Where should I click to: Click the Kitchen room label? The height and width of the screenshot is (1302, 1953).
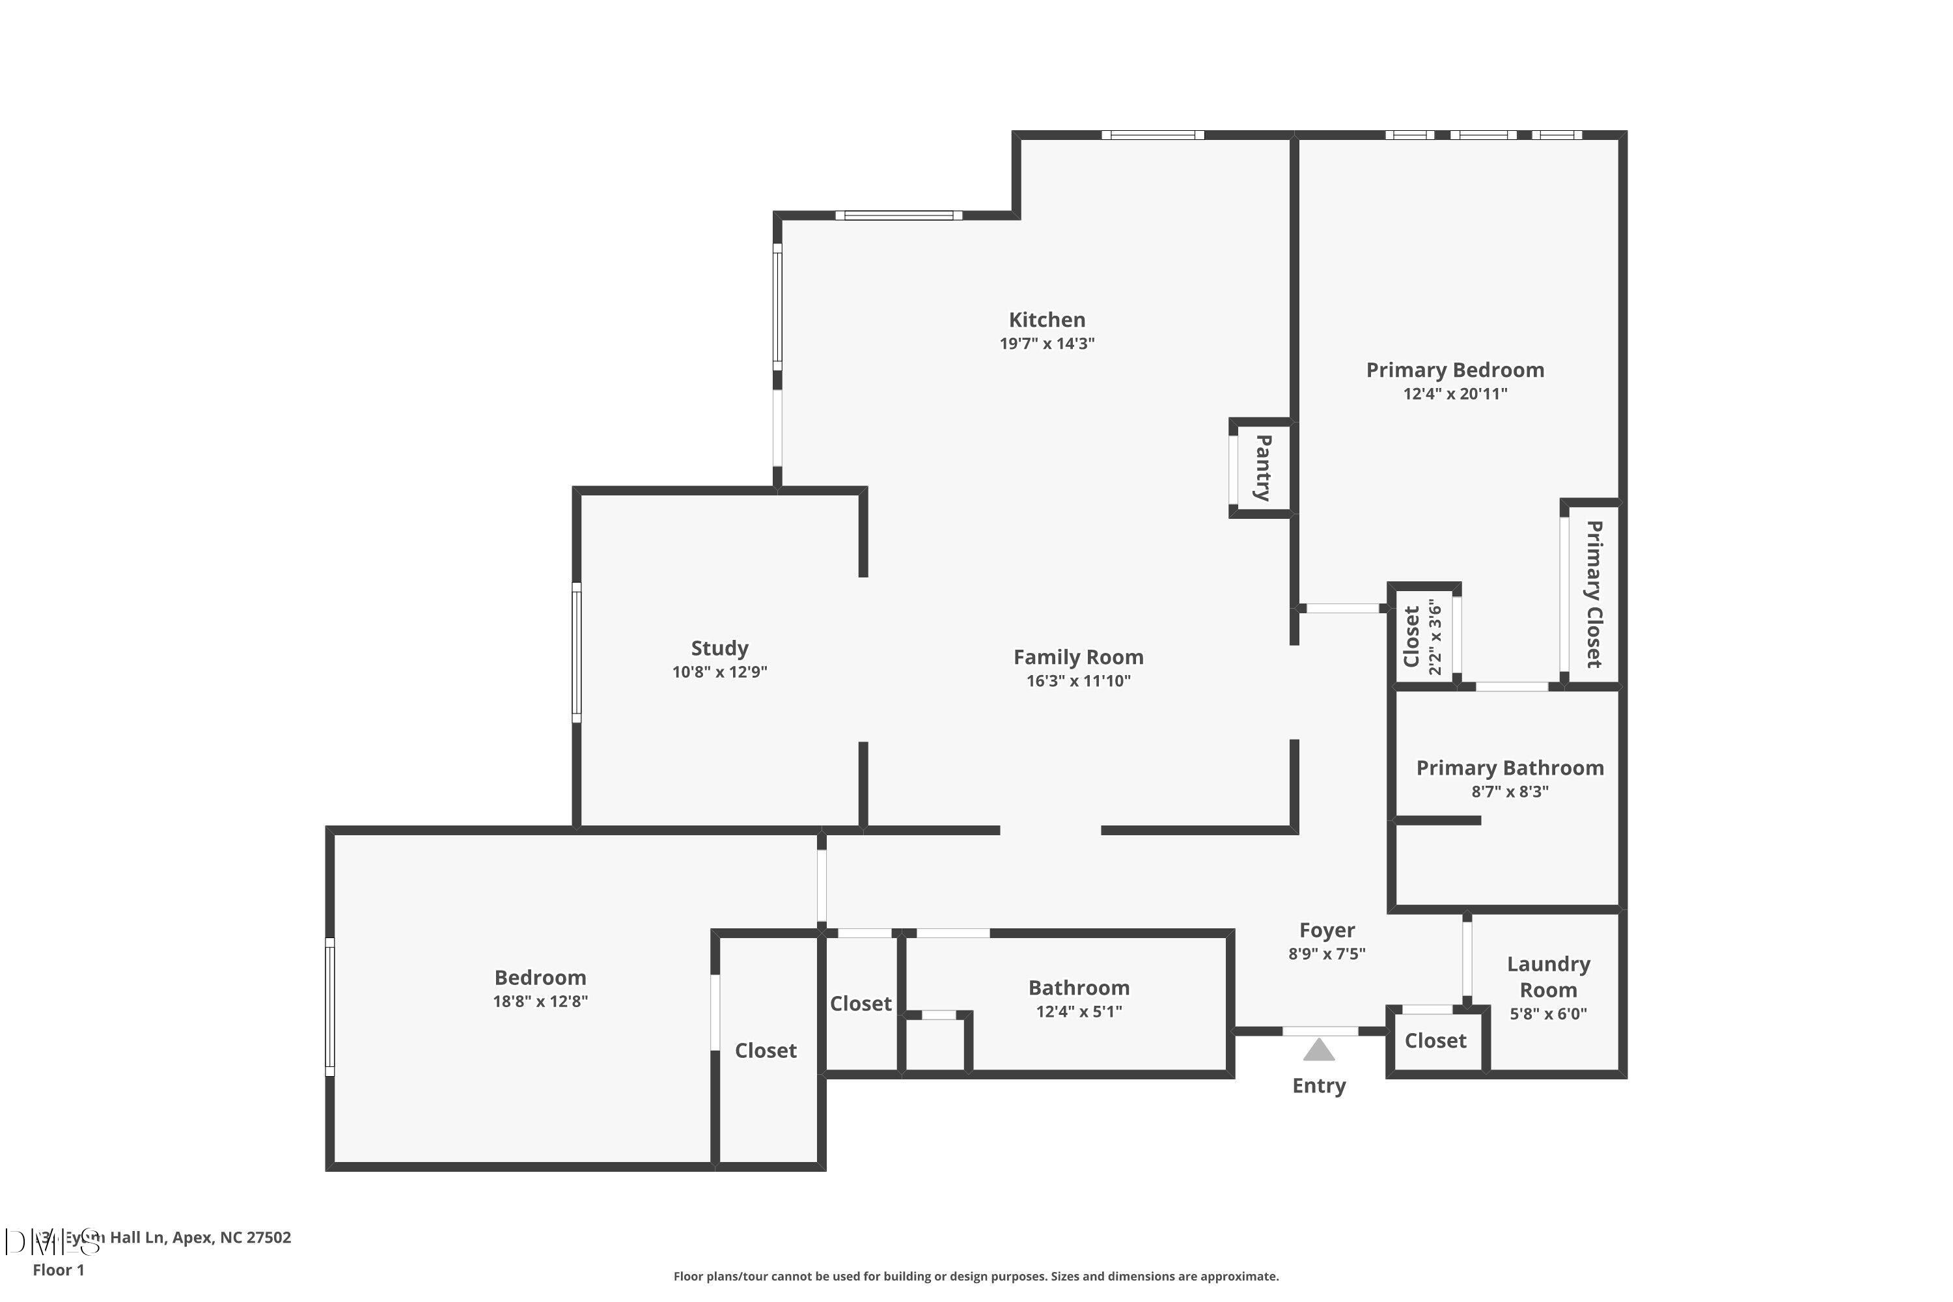[x=1046, y=320]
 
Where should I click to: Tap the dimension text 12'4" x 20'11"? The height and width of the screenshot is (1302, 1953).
[x=1455, y=394]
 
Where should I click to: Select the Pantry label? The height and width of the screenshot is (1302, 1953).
[x=1263, y=467]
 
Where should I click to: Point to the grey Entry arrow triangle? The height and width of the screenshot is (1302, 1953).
[x=1319, y=1051]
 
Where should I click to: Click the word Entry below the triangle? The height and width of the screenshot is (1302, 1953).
[x=1319, y=1085]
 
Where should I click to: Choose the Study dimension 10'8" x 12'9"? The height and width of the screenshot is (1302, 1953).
[x=719, y=672]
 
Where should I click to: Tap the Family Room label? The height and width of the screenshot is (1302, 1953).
[x=1078, y=657]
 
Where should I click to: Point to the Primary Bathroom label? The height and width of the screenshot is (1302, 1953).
[x=1510, y=768]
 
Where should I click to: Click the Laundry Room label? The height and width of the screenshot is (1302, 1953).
[x=1548, y=976]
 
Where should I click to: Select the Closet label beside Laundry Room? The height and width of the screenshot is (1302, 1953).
[x=1435, y=1040]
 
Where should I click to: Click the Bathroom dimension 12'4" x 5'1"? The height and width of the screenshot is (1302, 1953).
[x=1079, y=1012]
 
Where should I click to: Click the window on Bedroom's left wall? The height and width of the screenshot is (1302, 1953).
[x=329, y=1006]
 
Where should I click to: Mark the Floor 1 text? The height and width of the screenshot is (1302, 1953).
[x=58, y=1269]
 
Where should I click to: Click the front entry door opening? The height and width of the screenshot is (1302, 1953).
[x=1320, y=1031]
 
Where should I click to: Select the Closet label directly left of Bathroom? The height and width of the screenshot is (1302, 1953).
[x=860, y=1004]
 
